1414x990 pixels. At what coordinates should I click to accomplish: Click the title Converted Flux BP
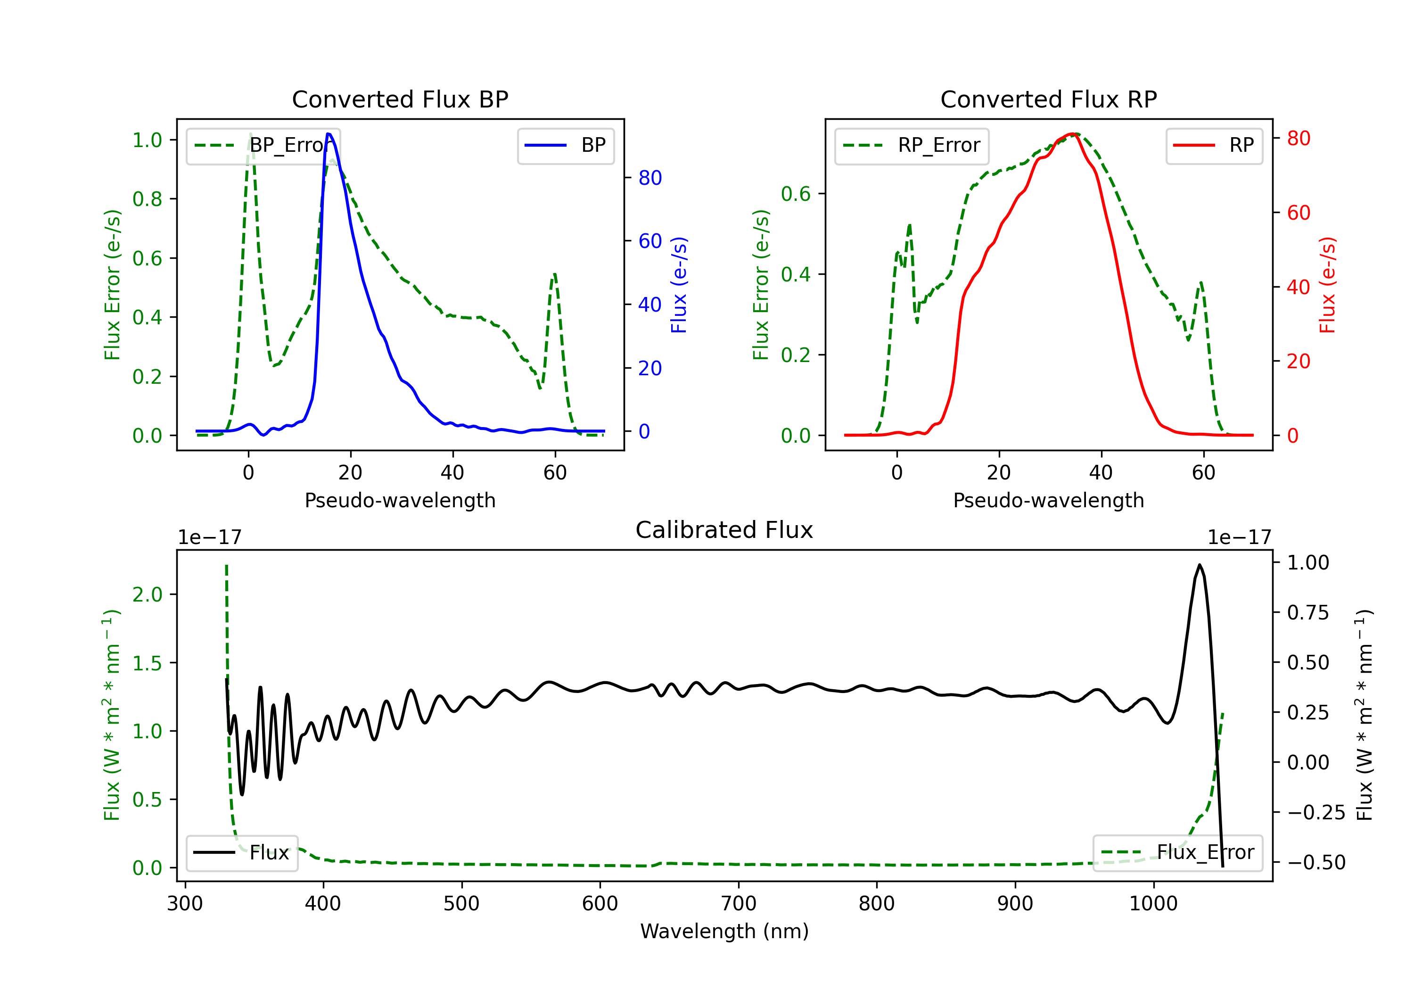400,99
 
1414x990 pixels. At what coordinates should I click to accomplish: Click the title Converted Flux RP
1048,99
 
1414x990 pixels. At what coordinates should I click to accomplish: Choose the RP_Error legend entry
912,145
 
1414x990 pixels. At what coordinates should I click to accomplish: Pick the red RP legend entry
1214,145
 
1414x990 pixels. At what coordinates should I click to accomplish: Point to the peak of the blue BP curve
329,134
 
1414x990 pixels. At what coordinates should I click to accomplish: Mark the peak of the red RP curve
1072,134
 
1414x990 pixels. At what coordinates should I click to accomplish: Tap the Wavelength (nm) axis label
724,931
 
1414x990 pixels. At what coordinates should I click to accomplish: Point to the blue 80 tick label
649,178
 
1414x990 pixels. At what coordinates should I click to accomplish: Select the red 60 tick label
1298,213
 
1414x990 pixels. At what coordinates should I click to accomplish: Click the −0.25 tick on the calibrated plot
1315,813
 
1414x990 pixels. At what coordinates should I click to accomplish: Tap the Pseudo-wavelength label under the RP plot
1048,500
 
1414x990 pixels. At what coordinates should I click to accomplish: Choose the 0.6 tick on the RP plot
795,194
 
